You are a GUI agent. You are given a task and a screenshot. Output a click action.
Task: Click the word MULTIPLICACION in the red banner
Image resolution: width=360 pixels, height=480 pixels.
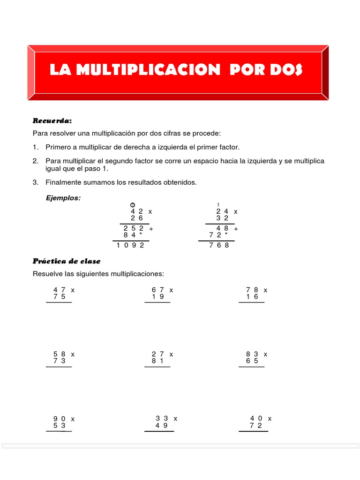tap(148, 70)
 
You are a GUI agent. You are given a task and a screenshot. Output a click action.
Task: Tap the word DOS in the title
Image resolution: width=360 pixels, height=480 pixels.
tap(286, 70)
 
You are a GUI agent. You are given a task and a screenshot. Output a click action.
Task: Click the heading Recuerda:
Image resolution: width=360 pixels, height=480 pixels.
tap(52, 121)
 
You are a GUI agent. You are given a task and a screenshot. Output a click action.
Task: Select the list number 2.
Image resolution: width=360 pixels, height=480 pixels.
tap(35, 161)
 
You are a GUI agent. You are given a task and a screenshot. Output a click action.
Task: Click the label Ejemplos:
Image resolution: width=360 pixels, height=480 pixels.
tap(63, 198)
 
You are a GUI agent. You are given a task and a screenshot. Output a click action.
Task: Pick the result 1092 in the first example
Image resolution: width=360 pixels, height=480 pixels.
tap(131, 245)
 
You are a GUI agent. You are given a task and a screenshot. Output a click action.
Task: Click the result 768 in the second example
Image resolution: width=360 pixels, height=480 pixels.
tap(219, 245)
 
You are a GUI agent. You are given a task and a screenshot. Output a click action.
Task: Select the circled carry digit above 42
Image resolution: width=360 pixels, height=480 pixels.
tap(133, 204)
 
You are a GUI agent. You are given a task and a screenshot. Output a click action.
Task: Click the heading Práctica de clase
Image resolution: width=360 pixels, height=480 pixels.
tap(67, 261)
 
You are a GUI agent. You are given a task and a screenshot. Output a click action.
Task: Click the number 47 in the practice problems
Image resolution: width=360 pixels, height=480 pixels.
tap(59, 290)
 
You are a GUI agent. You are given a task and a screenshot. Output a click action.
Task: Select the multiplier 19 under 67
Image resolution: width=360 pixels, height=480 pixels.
tap(157, 296)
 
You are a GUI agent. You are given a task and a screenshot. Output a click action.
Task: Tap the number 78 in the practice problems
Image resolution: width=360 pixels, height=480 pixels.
tap(252, 290)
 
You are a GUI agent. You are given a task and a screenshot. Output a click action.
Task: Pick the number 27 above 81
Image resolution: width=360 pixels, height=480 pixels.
tap(157, 354)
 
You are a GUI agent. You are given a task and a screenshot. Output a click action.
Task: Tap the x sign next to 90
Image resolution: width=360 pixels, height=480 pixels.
tap(73, 419)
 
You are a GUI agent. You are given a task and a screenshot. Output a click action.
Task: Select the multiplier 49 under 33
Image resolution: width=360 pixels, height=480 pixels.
tap(161, 425)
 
